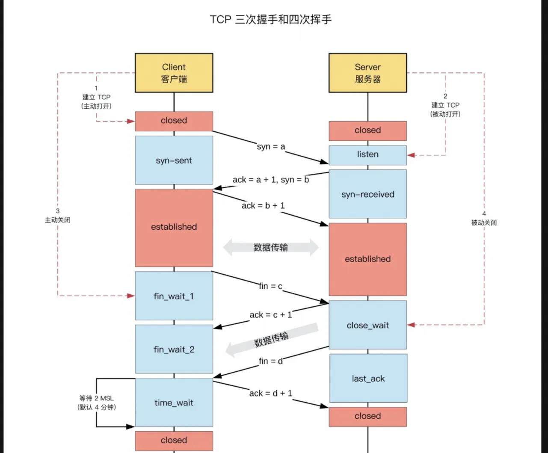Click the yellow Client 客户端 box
(174, 73)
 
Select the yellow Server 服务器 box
(367, 73)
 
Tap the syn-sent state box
(174, 160)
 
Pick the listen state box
(367, 154)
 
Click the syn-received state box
(367, 194)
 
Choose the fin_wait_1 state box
(174, 296)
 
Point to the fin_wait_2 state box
(174, 349)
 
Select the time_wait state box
(174, 403)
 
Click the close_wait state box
(367, 325)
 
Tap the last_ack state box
(368, 379)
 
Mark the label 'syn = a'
(271, 147)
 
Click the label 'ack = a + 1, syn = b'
(270, 180)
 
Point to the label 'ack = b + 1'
(263, 206)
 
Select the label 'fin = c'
(271, 286)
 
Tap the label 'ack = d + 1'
(271, 393)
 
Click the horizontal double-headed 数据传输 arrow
(271, 247)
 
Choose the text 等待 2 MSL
(97, 398)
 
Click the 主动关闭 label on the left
(58, 220)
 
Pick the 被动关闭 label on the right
(484, 222)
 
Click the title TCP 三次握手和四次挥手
(271, 20)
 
